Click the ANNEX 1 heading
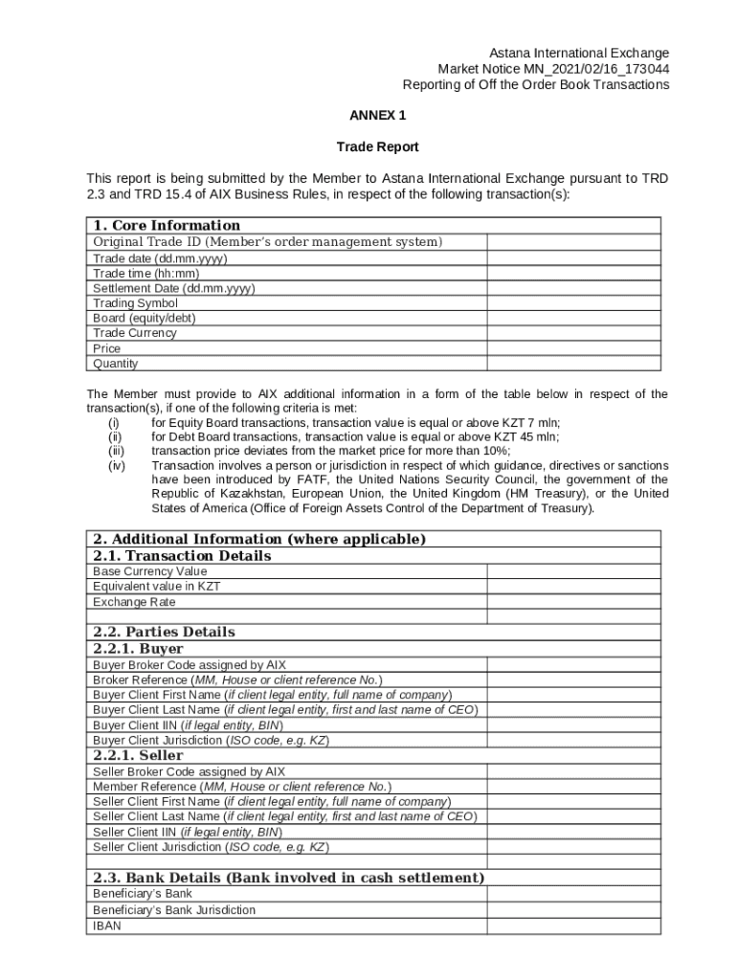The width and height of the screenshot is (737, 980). (377, 116)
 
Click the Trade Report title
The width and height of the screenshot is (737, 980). (377, 147)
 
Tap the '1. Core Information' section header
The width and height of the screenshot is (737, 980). (167, 226)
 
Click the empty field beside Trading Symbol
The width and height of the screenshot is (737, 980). (573, 303)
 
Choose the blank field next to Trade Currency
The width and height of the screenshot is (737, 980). (573, 333)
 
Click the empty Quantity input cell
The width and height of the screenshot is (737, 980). (573, 364)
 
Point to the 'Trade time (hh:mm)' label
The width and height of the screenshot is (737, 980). (145, 274)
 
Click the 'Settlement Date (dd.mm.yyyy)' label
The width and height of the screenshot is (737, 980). (173, 288)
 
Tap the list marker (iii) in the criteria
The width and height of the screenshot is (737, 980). (116, 451)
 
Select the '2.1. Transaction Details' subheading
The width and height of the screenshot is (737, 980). (182, 556)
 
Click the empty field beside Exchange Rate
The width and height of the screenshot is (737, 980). (573, 602)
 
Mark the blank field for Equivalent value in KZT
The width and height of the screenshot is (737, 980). (573, 587)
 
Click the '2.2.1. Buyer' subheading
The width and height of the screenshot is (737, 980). (138, 649)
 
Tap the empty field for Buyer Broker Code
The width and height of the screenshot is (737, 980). (573, 664)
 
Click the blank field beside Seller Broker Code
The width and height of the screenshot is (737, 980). (573, 771)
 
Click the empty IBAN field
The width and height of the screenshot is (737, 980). (573, 925)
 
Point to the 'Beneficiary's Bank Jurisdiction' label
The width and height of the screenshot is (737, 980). (174, 910)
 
